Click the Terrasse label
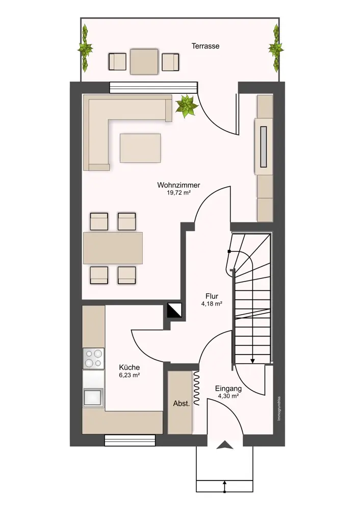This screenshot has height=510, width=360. point(205,46)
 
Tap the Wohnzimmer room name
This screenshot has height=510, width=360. point(178,185)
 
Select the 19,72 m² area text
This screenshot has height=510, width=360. point(178,193)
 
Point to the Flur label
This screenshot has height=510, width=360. point(212,296)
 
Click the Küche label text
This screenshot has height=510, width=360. point(129,367)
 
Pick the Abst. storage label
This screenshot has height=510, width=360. point(181,403)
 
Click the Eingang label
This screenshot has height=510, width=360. point(228,388)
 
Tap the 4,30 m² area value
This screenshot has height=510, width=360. point(228,396)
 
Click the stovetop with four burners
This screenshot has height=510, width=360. point(93,359)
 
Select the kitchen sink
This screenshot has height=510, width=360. point(93,397)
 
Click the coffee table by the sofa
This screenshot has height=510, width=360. point(140,148)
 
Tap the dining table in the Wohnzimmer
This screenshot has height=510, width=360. point(113,248)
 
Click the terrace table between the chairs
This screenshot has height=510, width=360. point(144,62)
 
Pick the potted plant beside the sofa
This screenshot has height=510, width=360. point(186,106)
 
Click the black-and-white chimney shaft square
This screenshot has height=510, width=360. point(175,311)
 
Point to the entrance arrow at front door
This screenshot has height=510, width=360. point(225,445)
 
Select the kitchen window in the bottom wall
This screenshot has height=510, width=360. point(130,440)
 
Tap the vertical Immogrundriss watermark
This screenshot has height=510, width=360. point(279,409)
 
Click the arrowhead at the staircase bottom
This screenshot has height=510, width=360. point(253,361)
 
